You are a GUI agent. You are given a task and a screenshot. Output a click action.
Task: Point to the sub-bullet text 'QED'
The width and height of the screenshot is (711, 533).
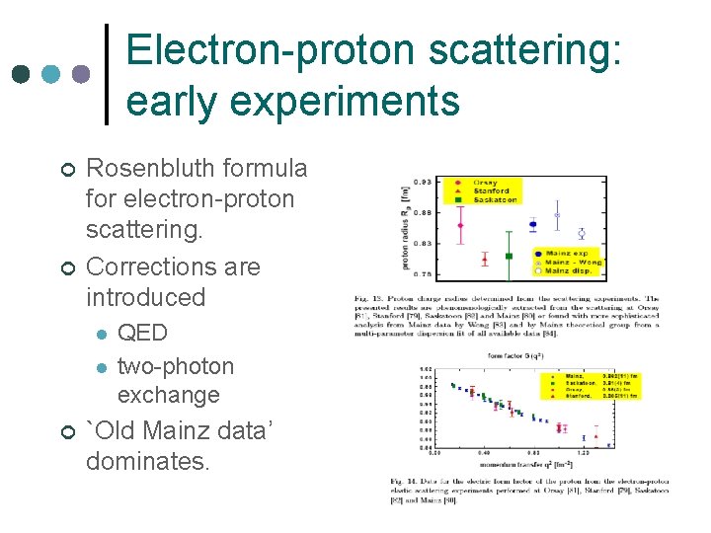[142, 333]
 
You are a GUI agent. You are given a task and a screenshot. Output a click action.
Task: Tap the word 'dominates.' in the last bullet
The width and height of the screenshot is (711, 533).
[148, 460]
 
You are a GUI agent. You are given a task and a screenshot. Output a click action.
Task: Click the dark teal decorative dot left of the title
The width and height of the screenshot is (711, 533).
[21, 75]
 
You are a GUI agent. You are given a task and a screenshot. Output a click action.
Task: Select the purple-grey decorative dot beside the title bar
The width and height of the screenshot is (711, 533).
[82, 75]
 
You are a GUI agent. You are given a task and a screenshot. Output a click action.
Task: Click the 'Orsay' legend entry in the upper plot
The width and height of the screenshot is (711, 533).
[485, 183]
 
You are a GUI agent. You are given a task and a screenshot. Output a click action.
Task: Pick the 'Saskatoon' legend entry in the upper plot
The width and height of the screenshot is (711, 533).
[493, 199]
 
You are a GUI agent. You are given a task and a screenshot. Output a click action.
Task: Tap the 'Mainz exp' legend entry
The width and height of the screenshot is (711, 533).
[570, 254]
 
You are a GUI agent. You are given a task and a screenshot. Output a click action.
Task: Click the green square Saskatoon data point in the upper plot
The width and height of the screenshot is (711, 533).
[510, 256]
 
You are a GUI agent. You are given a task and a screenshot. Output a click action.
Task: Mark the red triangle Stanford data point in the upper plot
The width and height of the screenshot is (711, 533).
[485, 260]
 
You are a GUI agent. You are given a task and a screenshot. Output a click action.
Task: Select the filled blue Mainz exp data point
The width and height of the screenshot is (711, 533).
[533, 225]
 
